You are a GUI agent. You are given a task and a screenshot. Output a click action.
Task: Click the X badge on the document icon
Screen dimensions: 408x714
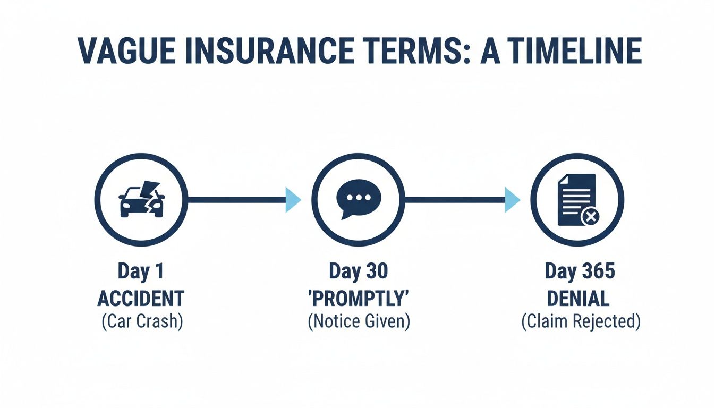pos(590,216)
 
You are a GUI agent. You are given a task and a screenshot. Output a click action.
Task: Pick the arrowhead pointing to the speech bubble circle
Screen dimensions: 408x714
pos(293,200)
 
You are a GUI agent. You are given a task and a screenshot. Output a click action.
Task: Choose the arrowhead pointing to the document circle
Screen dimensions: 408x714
pos(512,200)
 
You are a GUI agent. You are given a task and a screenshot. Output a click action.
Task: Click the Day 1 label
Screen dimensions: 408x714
pos(141,271)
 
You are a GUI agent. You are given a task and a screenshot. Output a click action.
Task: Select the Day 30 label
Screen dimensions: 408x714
pos(359,271)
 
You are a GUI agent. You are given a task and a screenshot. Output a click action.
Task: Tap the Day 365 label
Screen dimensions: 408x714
pos(580,271)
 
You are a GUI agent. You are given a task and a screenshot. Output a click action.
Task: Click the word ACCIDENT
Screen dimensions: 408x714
pos(141,299)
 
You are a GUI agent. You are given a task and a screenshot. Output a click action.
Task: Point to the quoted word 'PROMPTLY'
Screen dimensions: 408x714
pos(359,299)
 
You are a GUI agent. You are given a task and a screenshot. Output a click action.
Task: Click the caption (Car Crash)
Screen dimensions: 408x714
pos(142,322)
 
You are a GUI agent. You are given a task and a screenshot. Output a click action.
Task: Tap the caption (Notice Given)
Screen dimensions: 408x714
pos(359,322)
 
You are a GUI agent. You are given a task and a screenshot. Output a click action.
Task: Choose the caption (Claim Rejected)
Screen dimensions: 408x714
pos(580,322)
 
